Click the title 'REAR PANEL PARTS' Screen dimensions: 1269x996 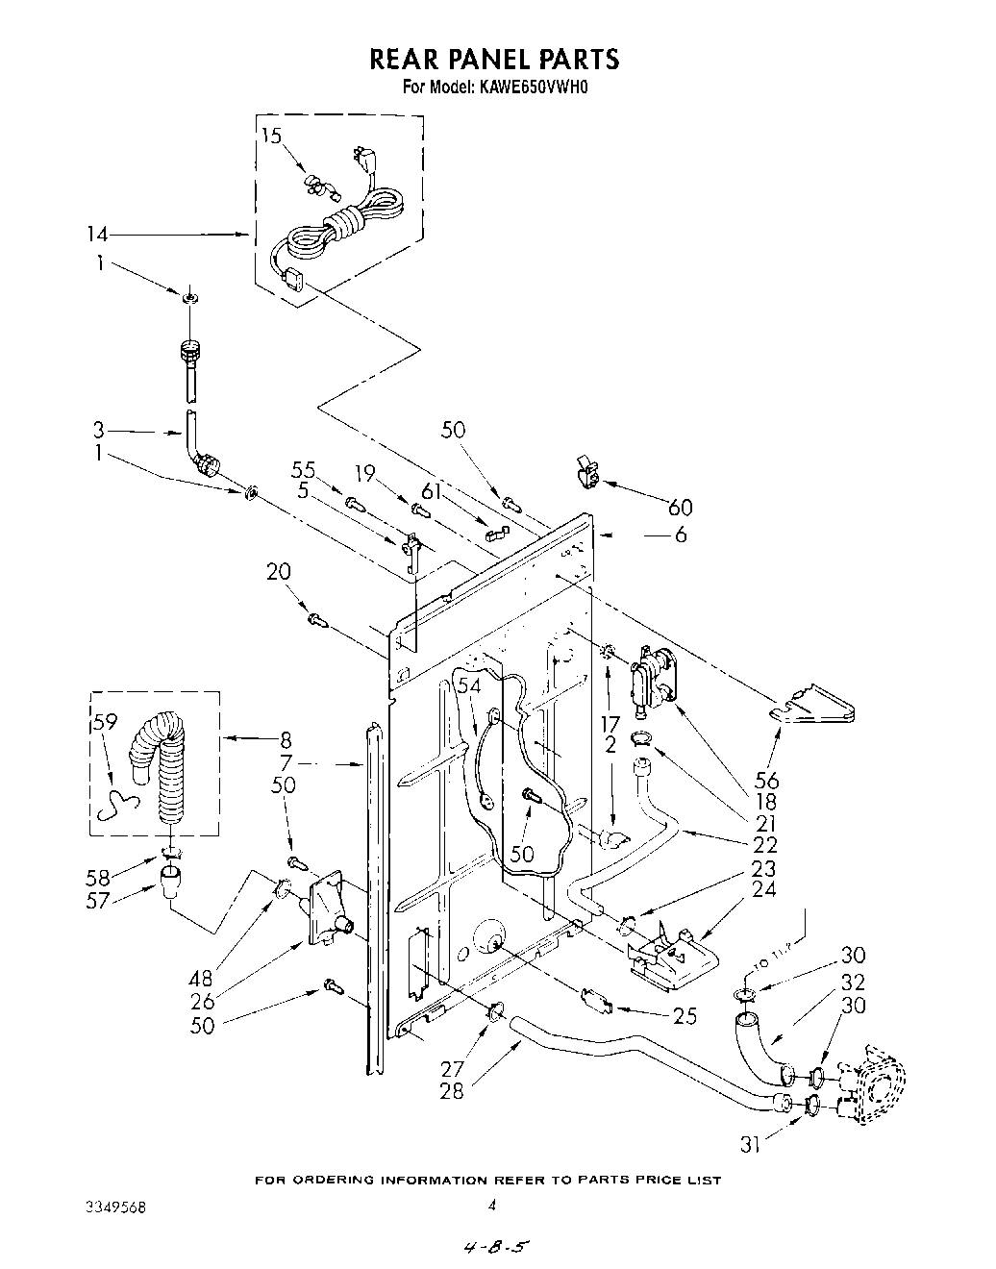pyautogui.click(x=495, y=60)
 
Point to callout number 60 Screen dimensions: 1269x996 pyautogui.click(x=681, y=507)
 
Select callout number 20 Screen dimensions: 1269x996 pyautogui.click(x=278, y=573)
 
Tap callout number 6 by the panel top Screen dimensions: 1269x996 pyautogui.click(x=681, y=534)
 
